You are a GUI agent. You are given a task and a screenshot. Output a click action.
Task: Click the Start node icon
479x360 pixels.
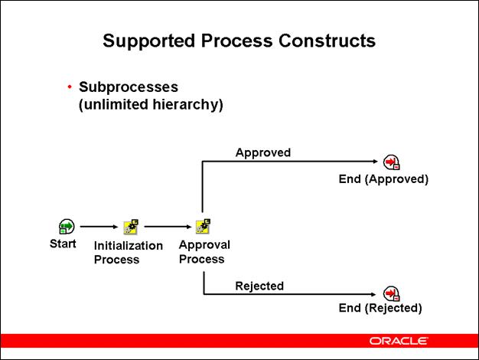click(x=67, y=227)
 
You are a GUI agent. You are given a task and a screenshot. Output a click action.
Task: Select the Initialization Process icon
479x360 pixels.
click(x=131, y=227)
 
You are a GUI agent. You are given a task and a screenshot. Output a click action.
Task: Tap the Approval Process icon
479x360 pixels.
click(x=203, y=227)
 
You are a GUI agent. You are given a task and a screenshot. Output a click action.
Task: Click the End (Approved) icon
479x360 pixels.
click(x=391, y=162)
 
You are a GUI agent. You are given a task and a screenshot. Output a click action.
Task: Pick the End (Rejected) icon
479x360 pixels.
click(x=391, y=294)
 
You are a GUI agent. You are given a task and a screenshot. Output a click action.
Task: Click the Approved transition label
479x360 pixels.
click(x=262, y=152)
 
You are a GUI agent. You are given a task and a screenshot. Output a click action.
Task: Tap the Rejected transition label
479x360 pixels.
click(x=259, y=286)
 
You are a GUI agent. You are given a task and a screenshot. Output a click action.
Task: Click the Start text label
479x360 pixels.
click(x=63, y=244)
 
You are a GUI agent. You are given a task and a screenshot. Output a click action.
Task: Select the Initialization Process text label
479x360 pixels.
click(x=128, y=253)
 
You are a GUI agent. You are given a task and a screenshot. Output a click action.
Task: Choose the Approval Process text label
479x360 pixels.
click(x=204, y=252)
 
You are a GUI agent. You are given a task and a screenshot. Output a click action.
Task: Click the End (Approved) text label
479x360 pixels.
click(x=383, y=179)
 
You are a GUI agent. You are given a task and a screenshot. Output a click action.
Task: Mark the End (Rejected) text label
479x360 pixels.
click(x=380, y=309)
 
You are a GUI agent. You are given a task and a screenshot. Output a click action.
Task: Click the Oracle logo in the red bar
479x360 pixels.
click(x=398, y=340)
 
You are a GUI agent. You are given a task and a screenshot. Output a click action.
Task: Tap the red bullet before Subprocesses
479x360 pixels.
click(x=70, y=87)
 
